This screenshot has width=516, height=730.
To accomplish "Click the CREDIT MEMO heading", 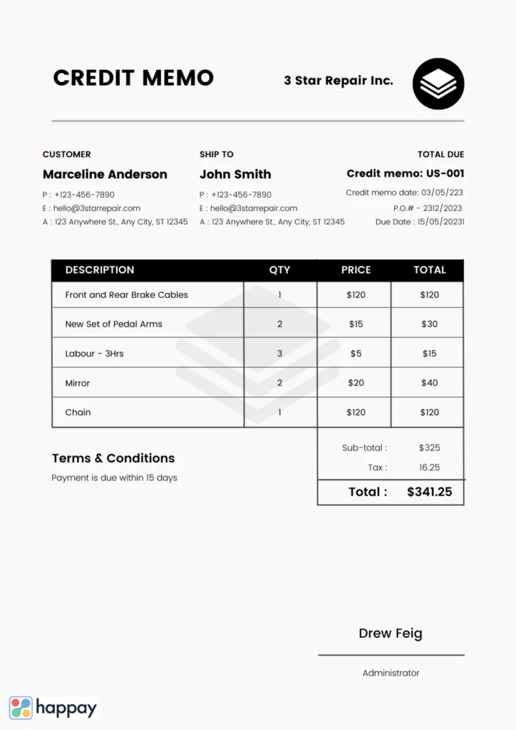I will click(133, 78).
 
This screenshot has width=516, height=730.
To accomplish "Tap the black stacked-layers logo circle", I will click(438, 83).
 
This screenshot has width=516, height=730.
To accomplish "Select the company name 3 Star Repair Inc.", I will click(339, 81).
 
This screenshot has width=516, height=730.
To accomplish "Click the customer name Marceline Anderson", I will click(105, 174).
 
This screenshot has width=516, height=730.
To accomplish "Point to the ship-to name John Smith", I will click(235, 174).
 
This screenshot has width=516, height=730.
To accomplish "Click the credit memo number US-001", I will click(445, 173).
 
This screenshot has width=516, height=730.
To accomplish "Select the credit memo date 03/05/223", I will click(442, 192).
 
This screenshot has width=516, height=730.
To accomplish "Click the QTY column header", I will click(279, 270).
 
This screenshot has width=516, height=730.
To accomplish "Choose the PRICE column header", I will click(356, 270).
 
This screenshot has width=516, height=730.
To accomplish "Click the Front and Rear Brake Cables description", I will click(127, 295).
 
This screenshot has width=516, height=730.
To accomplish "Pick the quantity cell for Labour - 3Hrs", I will click(279, 354).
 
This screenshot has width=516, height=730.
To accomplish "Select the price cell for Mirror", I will click(356, 383).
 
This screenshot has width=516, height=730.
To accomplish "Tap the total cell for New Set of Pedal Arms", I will click(429, 324).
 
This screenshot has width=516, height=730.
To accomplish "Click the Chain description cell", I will click(78, 412).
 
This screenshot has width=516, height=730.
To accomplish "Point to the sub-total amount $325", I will click(429, 448).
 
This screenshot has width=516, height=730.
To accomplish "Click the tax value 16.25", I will click(429, 468).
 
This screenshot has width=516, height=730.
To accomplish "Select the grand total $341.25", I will click(429, 492).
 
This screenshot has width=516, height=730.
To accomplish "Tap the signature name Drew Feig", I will click(391, 633).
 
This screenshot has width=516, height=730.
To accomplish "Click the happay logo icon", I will click(21, 708).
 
